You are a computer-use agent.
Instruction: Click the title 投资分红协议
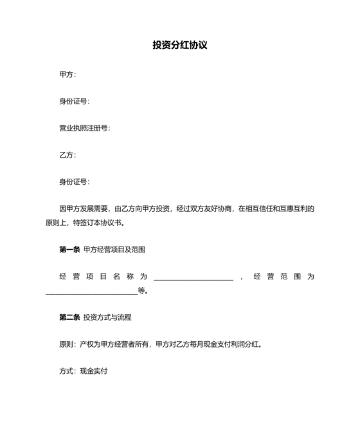point(179,46)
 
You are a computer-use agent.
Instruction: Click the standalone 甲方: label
point(67,74)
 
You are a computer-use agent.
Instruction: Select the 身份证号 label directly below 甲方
point(74,101)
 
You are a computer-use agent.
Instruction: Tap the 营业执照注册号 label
point(84,128)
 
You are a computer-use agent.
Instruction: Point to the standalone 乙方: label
point(67,155)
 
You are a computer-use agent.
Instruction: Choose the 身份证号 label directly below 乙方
point(74,182)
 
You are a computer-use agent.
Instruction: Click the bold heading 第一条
point(69,249)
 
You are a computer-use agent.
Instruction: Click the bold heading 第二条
point(69,317)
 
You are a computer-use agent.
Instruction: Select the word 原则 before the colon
point(66,344)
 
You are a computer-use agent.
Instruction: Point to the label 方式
point(66,371)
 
